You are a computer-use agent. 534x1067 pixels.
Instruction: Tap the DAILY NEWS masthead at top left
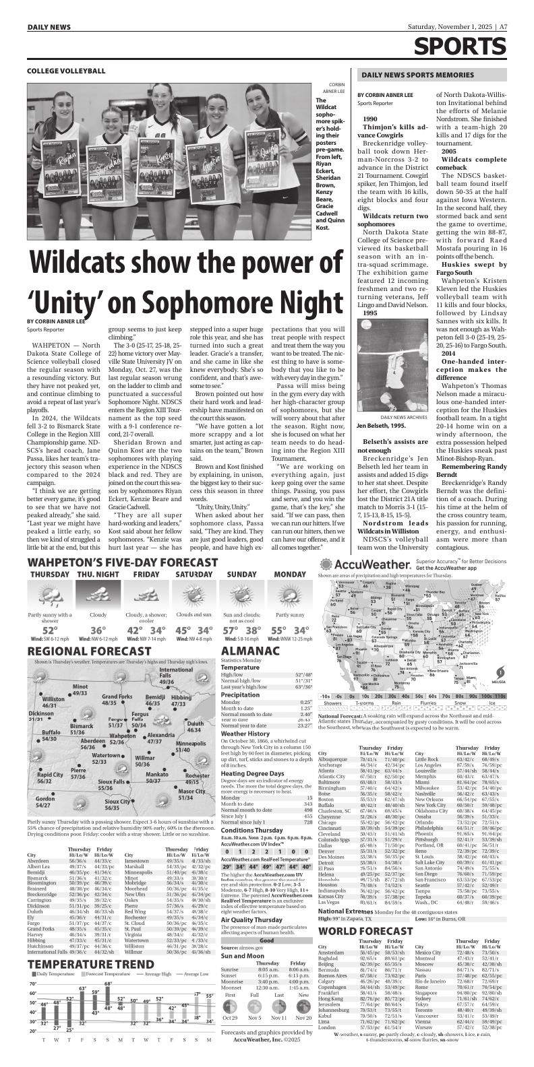(49, 27)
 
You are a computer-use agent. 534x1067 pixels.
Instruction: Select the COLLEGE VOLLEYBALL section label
(66, 71)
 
